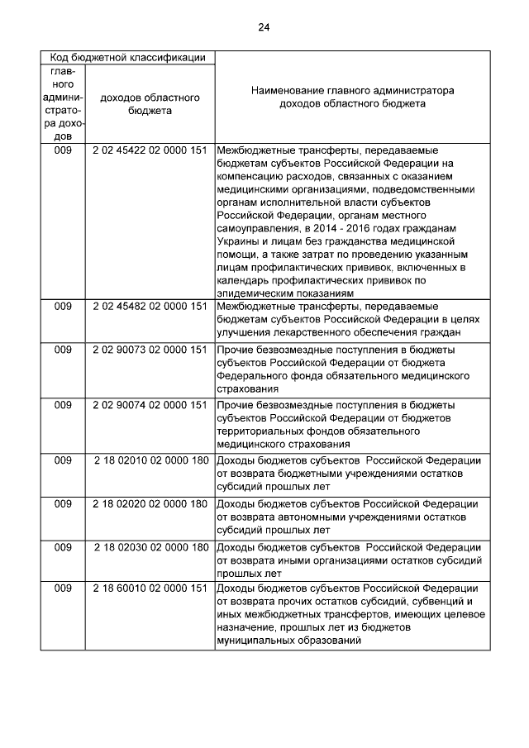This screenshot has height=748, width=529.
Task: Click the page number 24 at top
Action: tap(264, 27)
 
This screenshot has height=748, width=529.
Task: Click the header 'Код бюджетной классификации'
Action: tap(128, 58)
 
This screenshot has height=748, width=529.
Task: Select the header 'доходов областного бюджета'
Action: tap(150, 103)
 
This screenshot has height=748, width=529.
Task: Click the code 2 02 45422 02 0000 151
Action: tap(150, 151)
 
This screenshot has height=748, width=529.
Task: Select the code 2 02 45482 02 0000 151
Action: tap(150, 307)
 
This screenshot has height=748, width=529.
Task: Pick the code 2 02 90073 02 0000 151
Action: tap(150, 350)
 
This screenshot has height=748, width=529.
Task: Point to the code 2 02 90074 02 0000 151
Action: tap(150, 406)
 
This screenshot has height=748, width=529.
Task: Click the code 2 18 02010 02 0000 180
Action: tap(150, 461)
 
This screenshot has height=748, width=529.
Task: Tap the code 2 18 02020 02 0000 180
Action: tap(150, 504)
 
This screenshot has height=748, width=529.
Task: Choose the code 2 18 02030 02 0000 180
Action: tap(150, 547)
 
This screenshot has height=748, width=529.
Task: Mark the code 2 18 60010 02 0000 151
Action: tap(150, 588)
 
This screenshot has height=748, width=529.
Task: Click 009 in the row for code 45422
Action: tap(64, 151)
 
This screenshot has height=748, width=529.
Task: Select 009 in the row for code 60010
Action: tap(64, 588)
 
